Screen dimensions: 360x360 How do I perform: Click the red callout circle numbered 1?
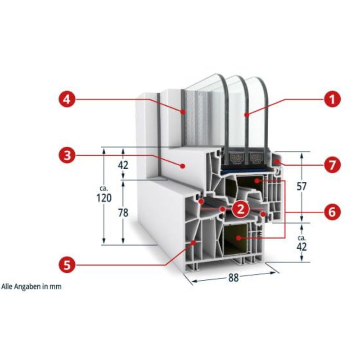tap(332, 99)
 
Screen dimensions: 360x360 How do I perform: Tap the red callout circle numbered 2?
tap(240, 209)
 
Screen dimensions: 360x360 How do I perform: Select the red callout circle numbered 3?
tap(67, 156)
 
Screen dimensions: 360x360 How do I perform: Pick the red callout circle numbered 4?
tap(67, 99)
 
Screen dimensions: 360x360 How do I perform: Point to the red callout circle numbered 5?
tap(67, 265)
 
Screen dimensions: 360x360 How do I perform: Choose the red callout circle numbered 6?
tap(332, 212)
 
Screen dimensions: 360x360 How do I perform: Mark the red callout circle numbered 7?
tap(332, 165)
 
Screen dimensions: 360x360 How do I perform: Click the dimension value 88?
tap(234, 278)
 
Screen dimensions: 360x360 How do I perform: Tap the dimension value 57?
tap(301, 186)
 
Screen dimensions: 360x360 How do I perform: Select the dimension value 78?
tap(123, 213)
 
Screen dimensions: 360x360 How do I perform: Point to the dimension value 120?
tap(104, 198)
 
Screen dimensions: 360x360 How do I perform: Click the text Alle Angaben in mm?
tap(31, 287)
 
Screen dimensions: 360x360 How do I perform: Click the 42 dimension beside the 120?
tap(123, 165)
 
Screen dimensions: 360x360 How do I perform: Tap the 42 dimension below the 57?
tap(301, 247)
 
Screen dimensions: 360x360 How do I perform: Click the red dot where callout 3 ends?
tap(183, 166)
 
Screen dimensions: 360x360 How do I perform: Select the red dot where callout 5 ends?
tap(194, 242)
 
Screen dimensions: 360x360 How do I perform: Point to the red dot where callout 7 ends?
tap(278, 162)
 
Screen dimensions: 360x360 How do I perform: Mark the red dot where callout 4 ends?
tap(183, 112)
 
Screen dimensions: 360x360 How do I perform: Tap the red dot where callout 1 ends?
tap(246, 115)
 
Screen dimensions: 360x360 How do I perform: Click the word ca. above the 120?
tap(104, 189)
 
